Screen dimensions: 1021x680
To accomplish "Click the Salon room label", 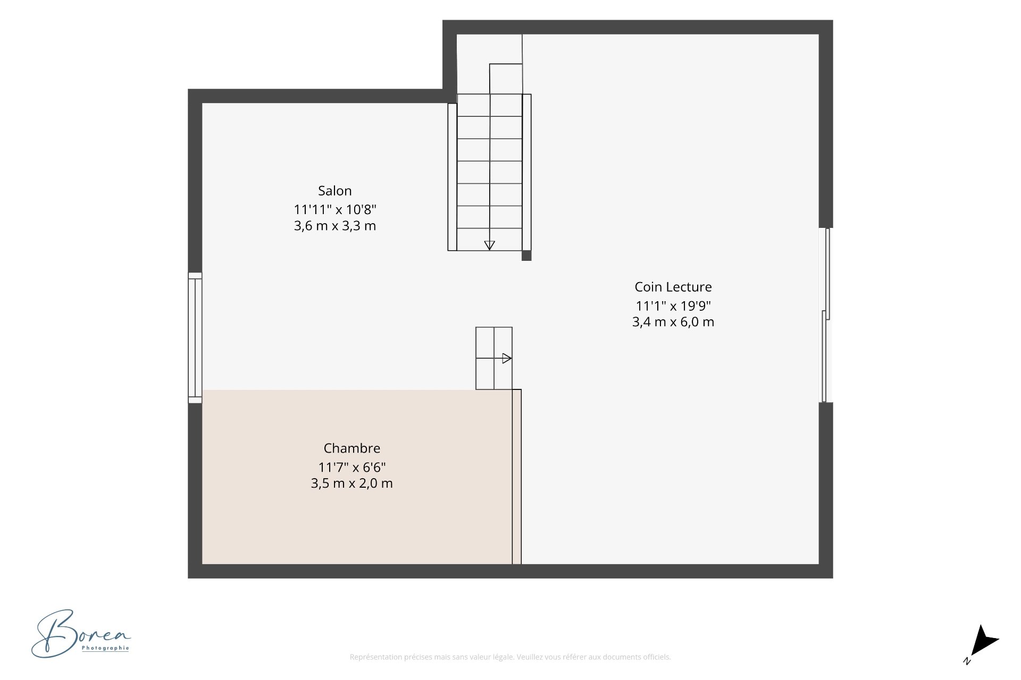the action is pos(334,191).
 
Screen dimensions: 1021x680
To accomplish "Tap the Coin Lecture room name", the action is pos(673,287).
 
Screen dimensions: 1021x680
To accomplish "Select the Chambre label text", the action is pos(352,448).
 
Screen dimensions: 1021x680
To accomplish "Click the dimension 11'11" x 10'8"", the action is pos(335,209).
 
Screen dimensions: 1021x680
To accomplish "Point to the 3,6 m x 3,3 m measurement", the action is pos(335,226).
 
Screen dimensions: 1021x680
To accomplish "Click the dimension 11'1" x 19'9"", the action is pos(673,306).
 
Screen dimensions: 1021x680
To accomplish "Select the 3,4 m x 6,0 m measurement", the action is pos(673,322).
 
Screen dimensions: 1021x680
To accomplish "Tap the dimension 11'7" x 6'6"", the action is pos(352,467).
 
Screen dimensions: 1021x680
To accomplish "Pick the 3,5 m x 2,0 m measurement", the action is pos(352,483).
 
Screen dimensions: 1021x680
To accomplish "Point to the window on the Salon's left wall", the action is pos(195,338).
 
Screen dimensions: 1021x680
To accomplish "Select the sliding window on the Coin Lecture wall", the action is pos(826,315).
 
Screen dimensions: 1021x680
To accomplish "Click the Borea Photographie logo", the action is pos(81,633).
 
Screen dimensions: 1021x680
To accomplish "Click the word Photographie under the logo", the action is pos(105,648).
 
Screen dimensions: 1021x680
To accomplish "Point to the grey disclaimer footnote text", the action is pos(510,657).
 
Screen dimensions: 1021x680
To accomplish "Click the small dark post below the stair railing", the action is pos(526,256).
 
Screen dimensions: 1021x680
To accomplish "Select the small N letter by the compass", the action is pos(967,661).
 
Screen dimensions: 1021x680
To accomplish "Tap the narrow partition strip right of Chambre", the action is pos(517,477).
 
